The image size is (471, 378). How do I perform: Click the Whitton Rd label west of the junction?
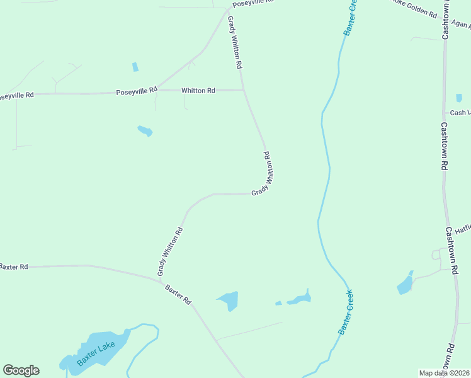pyautogui.click(x=198, y=91)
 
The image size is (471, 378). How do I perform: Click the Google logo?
pyautogui.click(x=21, y=370)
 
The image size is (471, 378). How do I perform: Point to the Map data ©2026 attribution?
pyautogui.click(x=444, y=373)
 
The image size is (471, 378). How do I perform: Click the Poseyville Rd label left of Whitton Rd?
pyautogui.click(x=137, y=91)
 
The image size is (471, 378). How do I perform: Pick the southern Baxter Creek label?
pyautogui.click(x=346, y=311)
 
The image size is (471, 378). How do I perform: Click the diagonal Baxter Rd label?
pyautogui.click(x=178, y=294)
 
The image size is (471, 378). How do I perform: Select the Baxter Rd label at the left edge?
pyautogui.click(x=14, y=267)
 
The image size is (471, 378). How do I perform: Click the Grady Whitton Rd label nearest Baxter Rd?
pyautogui.click(x=170, y=251)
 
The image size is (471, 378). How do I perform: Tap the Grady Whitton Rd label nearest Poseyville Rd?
pyautogui.click(x=235, y=42)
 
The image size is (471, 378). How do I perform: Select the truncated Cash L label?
pyautogui.click(x=460, y=113)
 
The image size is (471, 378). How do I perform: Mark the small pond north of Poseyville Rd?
pyautogui.click(x=135, y=67)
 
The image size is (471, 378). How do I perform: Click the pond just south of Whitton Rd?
pyautogui.click(x=145, y=131)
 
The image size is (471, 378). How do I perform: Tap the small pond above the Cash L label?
pyautogui.click(x=459, y=98)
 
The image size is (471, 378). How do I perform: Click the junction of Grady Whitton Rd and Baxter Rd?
pyautogui.click(x=159, y=279)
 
